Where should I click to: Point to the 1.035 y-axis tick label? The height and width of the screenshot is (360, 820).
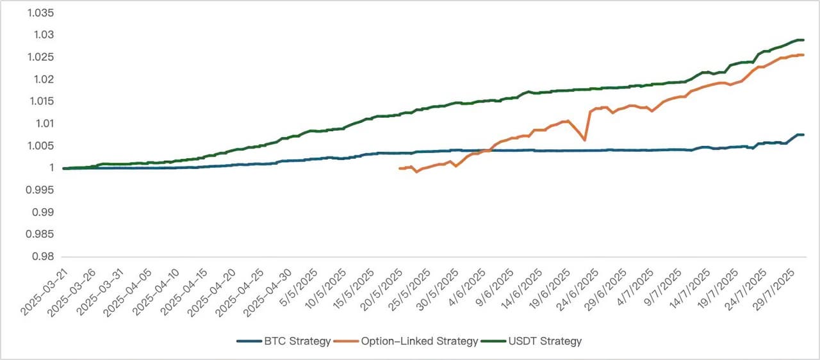42,13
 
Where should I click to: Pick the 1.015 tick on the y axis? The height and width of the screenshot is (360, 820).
42,101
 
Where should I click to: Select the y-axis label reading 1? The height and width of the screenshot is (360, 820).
51,168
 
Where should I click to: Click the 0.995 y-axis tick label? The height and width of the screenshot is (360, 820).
42,190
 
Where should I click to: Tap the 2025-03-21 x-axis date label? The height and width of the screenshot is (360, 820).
44,291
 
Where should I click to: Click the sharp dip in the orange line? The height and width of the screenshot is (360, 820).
584,140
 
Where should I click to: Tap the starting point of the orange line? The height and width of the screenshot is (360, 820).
400,168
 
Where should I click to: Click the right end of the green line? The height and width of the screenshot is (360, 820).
803,40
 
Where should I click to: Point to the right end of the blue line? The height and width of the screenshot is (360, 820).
803,135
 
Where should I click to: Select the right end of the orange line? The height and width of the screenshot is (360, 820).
803,55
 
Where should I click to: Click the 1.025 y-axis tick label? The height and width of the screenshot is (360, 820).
42,57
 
